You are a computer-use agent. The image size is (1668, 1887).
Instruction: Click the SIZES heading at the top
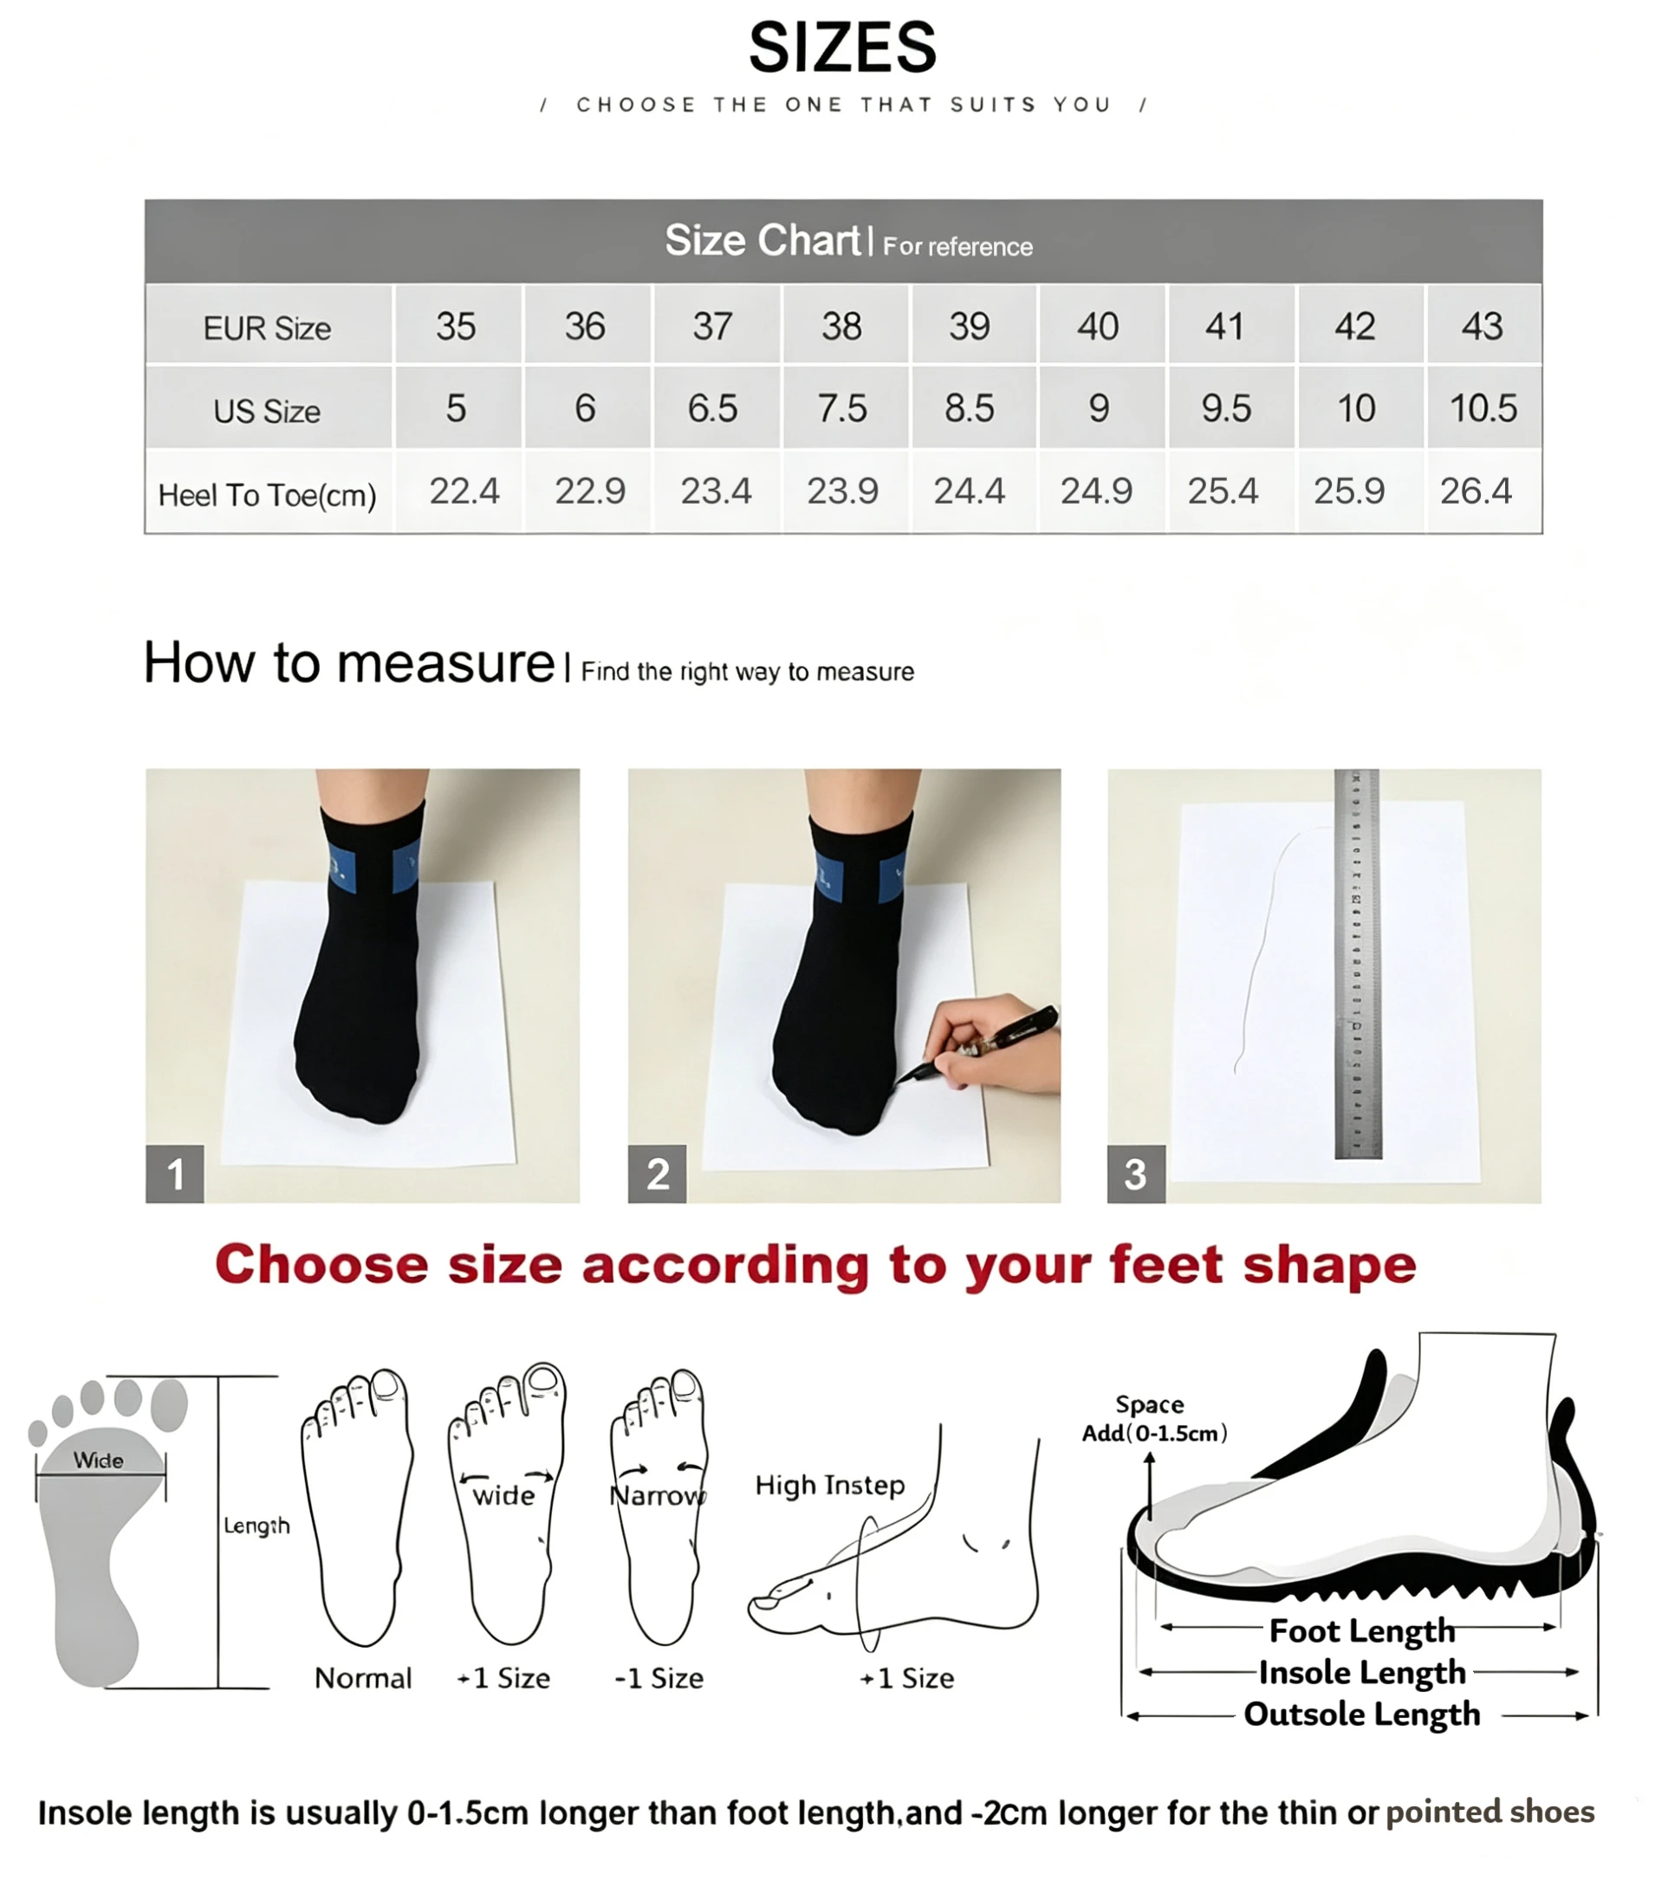tap(842, 48)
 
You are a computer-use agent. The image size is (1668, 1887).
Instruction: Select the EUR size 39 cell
tap(970, 326)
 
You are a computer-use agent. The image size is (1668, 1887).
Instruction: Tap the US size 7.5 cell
tap(842, 408)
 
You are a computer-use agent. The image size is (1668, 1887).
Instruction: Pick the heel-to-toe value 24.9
tap(1096, 491)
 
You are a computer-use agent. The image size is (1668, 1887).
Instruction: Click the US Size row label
tap(267, 411)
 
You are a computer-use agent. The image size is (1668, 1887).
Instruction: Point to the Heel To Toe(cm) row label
tap(267, 495)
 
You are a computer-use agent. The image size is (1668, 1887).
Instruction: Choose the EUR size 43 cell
tap(1483, 326)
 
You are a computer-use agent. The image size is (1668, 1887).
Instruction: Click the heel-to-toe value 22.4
tap(464, 491)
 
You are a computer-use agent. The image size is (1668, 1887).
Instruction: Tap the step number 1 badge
tap(174, 1174)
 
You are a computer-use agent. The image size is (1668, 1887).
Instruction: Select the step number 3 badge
tap(1135, 1174)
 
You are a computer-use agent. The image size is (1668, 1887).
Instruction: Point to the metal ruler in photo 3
tap(1357, 964)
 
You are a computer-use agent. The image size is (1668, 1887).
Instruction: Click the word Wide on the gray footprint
tap(99, 1461)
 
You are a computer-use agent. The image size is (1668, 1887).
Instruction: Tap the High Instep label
tap(830, 1486)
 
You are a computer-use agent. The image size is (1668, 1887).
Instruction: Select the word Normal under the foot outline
tap(363, 1678)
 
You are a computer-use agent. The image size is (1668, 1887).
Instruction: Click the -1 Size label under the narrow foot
tap(659, 1678)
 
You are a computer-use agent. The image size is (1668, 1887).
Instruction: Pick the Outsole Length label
tap(1361, 1715)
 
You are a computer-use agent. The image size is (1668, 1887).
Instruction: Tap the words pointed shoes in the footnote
tap(1490, 1812)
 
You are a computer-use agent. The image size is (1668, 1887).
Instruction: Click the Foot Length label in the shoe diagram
tap(1361, 1631)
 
